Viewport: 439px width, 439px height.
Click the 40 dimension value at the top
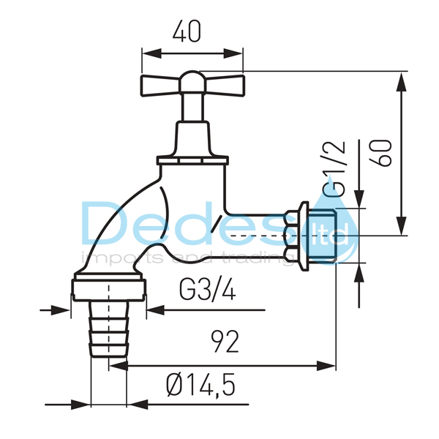pyautogui.click(x=187, y=31)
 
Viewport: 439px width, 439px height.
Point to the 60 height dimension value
pyautogui.click(x=380, y=153)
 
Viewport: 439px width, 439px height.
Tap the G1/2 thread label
pyautogui.click(x=334, y=168)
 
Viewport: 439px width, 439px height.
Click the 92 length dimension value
pyautogui.click(x=225, y=341)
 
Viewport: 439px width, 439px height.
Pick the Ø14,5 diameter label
pyautogui.click(x=200, y=386)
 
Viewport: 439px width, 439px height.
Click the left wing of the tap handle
pyautogui.click(x=160, y=86)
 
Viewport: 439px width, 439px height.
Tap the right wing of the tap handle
pyautogui.click(x=225, y=86)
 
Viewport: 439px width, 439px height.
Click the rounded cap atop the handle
pyautogui.click(x=192, y=80)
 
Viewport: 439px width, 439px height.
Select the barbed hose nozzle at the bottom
pyautogui.click(x=109, y=329)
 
